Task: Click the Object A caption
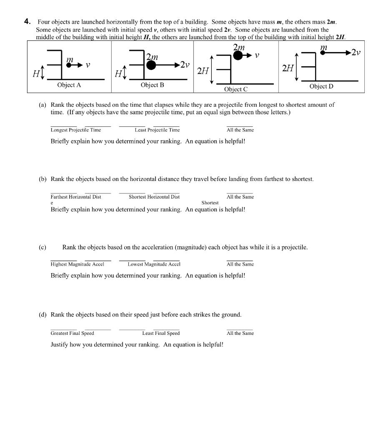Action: (69, 85)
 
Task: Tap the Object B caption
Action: (152, 85)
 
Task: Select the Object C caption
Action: (236, 89)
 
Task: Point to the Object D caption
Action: (321, 86)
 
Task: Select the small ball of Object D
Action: (322, 53)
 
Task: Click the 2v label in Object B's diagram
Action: (184, 65)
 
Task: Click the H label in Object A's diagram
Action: (36, 74)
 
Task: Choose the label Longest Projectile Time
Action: (76, 130)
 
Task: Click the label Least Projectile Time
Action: (157, 130)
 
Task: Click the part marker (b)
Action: (43, 179)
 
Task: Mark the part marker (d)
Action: (43, 315)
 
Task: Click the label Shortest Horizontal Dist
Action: (154, 197)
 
